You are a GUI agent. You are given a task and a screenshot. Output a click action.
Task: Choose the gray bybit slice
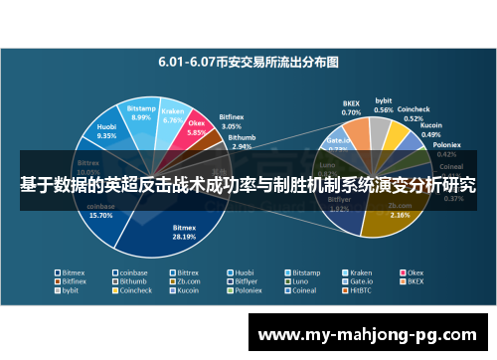pyautogui.click(x=380, y=127)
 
